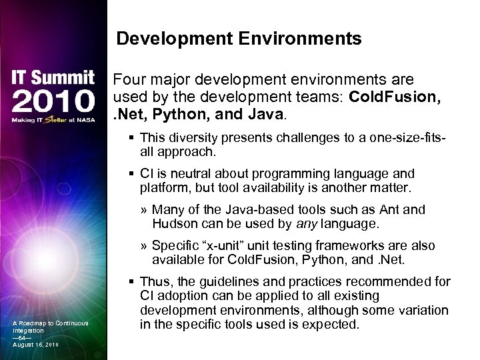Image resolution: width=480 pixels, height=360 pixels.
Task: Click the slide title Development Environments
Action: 239,39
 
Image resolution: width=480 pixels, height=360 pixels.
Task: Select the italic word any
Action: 336,223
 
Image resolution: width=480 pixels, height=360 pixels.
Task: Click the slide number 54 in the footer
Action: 21,337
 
